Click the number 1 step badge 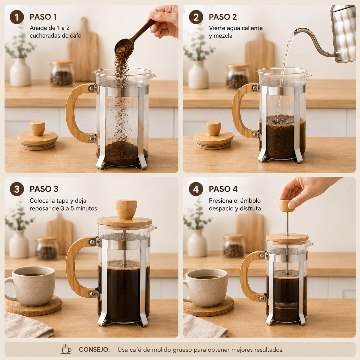coord(17,17)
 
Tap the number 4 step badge coord(196,189)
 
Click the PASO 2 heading coord(223,17)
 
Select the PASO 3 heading coord(44,189)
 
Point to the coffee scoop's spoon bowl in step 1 coord(124,47)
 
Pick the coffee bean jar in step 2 coord(237,76)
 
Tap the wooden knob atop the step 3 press coord(127,209)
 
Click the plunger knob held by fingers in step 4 coord(286,206)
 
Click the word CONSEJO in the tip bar coord(94,350)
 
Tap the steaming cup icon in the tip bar coord(66,349)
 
